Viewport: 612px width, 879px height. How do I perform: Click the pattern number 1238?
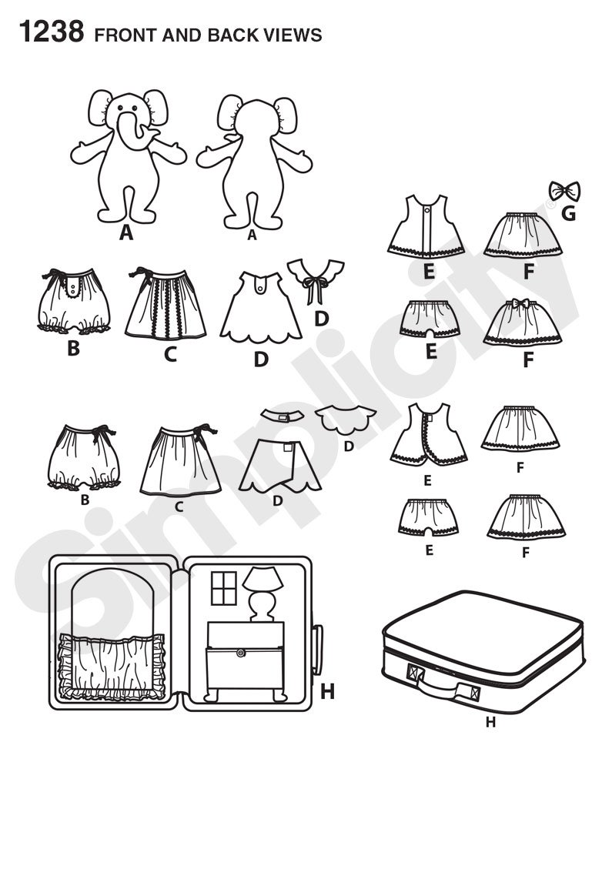[x=52, y=32]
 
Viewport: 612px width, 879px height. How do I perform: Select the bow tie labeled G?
[x=564, y=192]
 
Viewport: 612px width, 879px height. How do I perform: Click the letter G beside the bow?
[x=568, y=213]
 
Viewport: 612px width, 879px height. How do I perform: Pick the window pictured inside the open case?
[x=224, y=588]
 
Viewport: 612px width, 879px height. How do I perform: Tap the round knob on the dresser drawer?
[x=241, y=653]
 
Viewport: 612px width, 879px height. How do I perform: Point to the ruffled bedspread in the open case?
[x=112, y=667]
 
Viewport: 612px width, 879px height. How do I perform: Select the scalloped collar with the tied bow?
[x=315, y=279]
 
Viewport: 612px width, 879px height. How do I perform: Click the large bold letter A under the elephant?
[x=126, y=232]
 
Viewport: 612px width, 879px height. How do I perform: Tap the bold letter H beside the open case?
[x=327, y=691]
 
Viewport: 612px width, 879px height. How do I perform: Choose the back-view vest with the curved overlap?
[x=429, y=434]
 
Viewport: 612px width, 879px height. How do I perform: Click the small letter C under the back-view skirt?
[x=179, y=506]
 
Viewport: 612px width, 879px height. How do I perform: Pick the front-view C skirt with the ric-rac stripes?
[x=166, y=304]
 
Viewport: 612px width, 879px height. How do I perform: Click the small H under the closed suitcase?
[x=490, y=723]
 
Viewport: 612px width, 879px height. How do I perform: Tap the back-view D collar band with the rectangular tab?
[x=283, y=415]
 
